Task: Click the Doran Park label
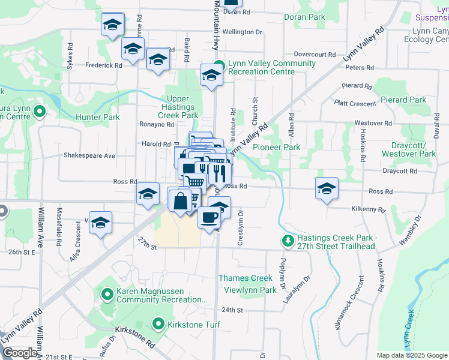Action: (304, 17)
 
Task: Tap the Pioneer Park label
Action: (276, 147)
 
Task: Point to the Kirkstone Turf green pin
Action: (158, 325)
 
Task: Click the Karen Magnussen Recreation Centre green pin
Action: (107, 294)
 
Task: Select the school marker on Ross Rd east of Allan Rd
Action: (326, 189)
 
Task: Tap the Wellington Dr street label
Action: (243, 31)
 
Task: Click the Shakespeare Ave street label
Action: (89, 155)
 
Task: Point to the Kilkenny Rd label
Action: (369, 209)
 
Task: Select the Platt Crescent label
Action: (355, 104)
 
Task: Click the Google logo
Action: (20, 353)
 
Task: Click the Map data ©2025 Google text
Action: (412, 355)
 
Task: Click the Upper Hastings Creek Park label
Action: (178, 107)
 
